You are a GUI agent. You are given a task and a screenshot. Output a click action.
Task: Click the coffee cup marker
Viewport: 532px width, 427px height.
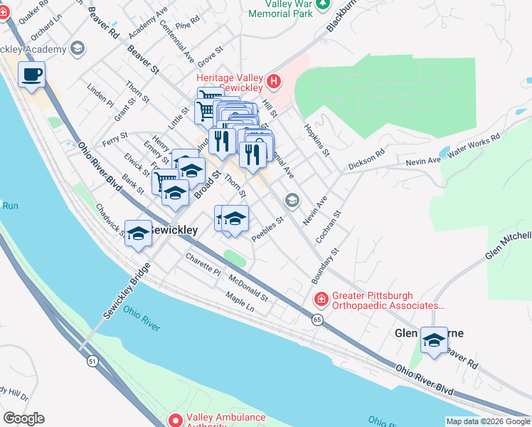(x=31, y=74)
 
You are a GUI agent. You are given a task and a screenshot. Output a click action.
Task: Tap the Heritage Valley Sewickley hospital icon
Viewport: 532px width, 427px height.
(x=274, y=82)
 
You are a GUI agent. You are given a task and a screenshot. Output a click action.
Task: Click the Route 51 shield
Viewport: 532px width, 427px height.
(x=92, y=362)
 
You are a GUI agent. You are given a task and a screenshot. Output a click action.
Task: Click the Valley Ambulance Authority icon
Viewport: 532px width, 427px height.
(x=175, y=421)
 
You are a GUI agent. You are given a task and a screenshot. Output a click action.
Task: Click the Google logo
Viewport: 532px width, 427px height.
(x=23, y=418)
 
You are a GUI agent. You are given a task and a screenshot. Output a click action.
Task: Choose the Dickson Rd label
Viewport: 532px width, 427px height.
(x=366, y=162)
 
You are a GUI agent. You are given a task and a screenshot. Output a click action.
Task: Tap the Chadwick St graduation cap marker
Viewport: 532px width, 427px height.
(x=138, y=233)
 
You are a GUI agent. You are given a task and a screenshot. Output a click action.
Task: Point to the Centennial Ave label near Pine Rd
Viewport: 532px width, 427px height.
(x=177, y=41)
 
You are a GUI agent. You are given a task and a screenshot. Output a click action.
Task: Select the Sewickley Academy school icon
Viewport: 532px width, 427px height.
(x=77, y=49)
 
